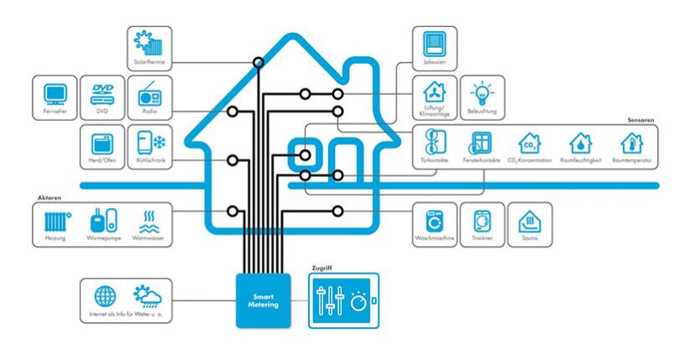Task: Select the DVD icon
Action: [x=102, y=91]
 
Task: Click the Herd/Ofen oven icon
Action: [x=102, y=141]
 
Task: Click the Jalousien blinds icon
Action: [x=433, y=41]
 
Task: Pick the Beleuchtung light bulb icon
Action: [x=482, y=91]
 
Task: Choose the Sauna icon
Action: [x=530, y=221]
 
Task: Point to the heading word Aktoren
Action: [x=49, y=196]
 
